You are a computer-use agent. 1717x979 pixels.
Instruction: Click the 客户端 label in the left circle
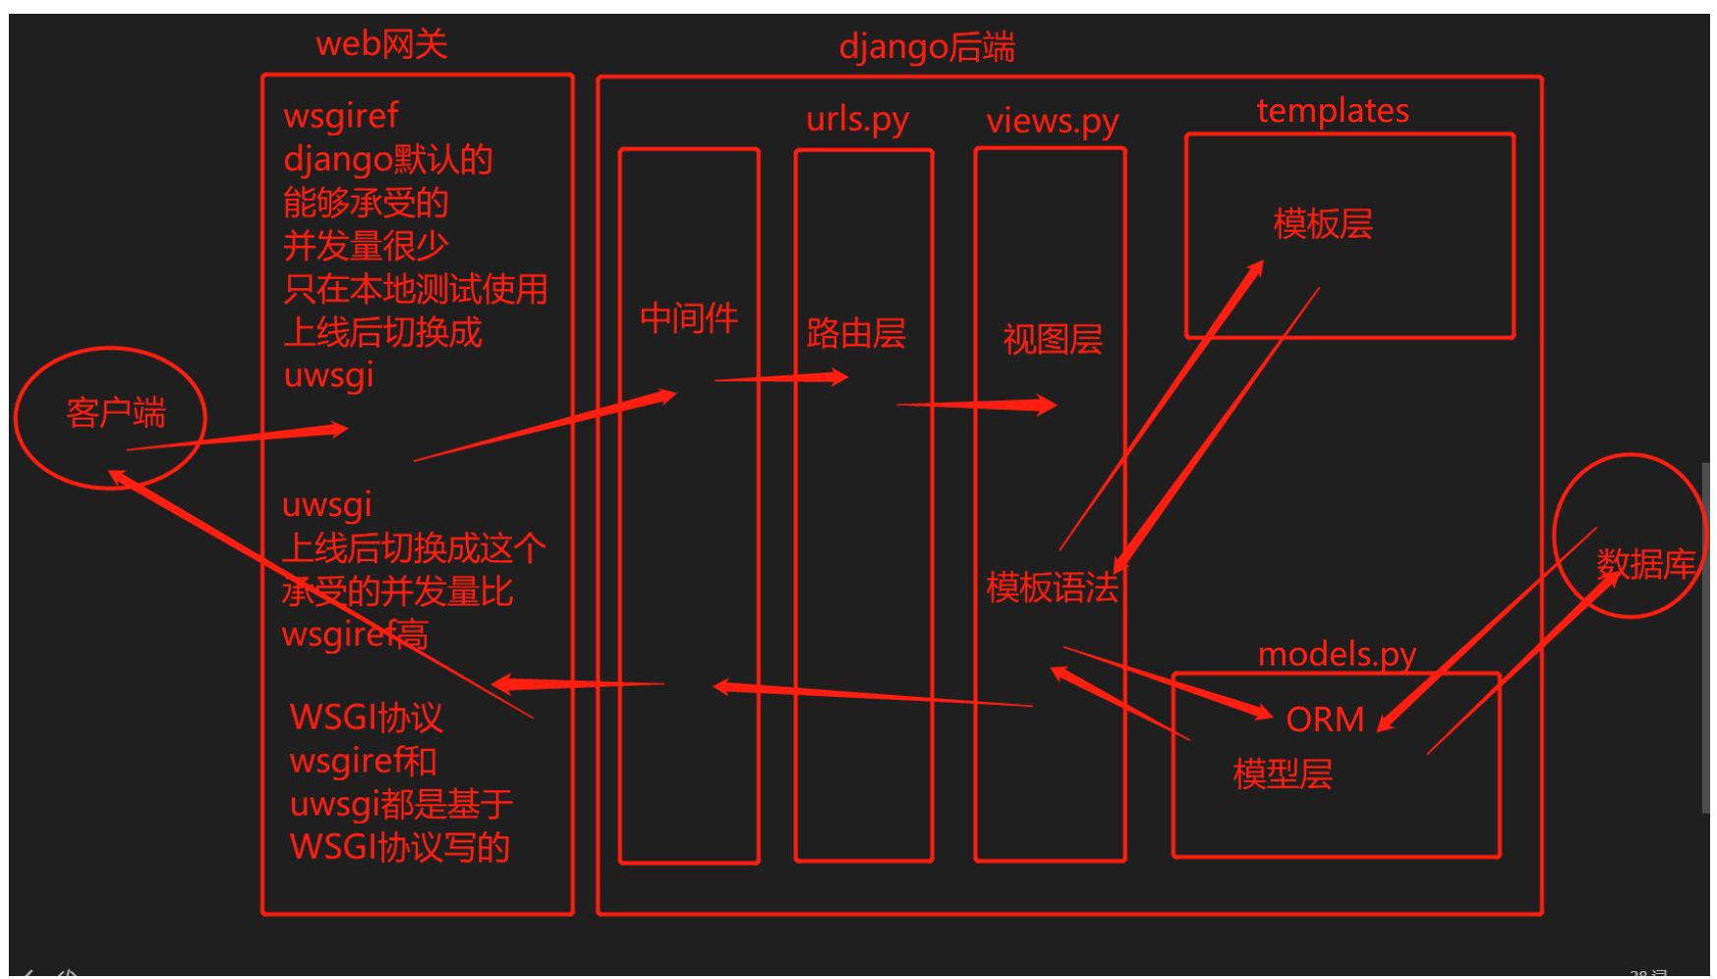[115, 413]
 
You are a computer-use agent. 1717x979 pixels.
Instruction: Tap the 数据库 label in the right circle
[1645, 564]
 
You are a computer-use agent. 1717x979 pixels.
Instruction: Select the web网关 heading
[381, 44]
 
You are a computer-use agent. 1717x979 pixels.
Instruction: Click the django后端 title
[926, 47]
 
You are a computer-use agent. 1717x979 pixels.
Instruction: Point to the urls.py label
[857, 119]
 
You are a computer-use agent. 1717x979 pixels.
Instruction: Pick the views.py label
[1052, 121]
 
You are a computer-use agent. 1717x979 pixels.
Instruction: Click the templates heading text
[1332, 110]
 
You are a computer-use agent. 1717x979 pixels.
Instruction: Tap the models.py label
[1337, 654]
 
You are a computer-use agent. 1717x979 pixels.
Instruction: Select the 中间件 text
[688, 318]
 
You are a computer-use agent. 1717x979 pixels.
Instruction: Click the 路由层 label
[855, 334]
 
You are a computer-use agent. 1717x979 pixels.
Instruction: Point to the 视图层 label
[1052, 340]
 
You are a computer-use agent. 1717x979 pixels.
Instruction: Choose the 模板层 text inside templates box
[1322, 224]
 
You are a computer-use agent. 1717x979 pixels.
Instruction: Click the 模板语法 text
[1052, 588]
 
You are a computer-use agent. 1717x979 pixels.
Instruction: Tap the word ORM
[1325, 720]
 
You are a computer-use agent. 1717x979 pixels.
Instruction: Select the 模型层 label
[1282, 775]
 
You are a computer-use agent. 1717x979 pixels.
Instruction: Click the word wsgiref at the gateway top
[340, 116]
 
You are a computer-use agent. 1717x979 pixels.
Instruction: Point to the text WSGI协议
[366, 718]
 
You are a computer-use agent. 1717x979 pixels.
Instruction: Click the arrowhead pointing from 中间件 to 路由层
[837, 376]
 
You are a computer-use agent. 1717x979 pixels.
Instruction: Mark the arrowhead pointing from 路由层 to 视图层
[1046, 404]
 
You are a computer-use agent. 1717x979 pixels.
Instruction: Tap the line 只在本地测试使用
[415, 289]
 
